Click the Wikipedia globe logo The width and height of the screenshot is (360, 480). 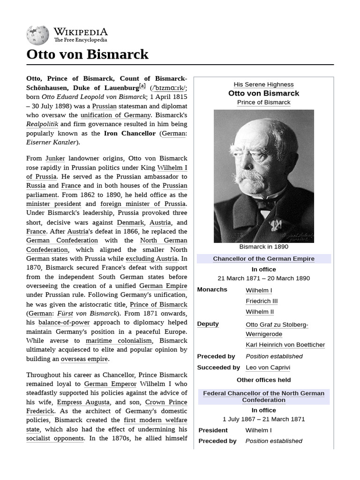click(x=37, y=35)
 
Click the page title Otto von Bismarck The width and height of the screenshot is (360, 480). click(x=88, y=54)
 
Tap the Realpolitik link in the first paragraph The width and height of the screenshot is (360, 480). click(x=42, y=124)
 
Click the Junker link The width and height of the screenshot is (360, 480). click(x=55, y=158)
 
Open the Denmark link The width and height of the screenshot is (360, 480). click(x=130, y=222)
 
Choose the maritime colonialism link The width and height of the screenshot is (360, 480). click(x=119, y=341)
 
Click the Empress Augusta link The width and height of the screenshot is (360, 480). click(x=83, y=402)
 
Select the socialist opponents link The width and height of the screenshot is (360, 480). click(x=55, y=438)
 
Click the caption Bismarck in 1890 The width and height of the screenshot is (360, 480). click(x=263, y=247)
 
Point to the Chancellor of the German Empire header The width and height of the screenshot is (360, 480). click(x=263, y=259)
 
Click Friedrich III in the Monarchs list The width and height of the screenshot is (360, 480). click(x=262, y=301)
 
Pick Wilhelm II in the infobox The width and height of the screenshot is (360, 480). click(x=260, y=312)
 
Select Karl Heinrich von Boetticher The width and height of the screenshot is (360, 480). click(x=285, y=345)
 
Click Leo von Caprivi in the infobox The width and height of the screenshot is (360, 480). click(x=268, y=367)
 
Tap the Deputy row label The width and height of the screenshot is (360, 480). click(x=208, y=324)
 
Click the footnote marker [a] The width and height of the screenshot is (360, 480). click(x=142, y=86)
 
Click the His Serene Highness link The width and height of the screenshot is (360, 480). click(x=263, y=84)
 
